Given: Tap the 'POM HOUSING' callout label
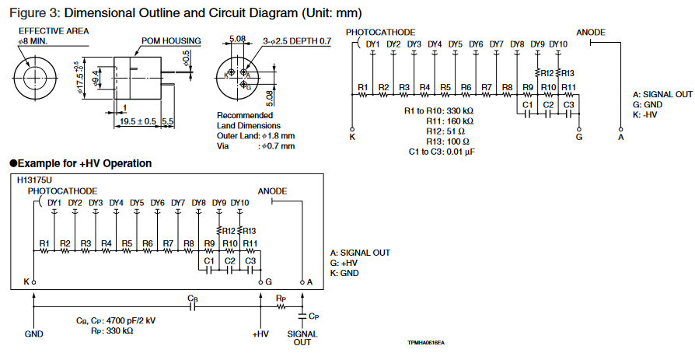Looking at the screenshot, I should tap(171, 41).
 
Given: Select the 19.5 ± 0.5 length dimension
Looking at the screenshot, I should tap(138, 121).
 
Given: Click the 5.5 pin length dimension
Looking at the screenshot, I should tap(167, 121).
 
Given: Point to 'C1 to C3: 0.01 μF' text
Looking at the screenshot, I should tap(442, 152).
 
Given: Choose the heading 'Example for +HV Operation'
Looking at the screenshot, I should tap(81, 163).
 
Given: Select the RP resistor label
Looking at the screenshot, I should tap(281, 298).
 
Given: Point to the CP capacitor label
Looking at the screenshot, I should tap(313, 316).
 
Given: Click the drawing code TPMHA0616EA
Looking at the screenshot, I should tap(431, 342).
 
